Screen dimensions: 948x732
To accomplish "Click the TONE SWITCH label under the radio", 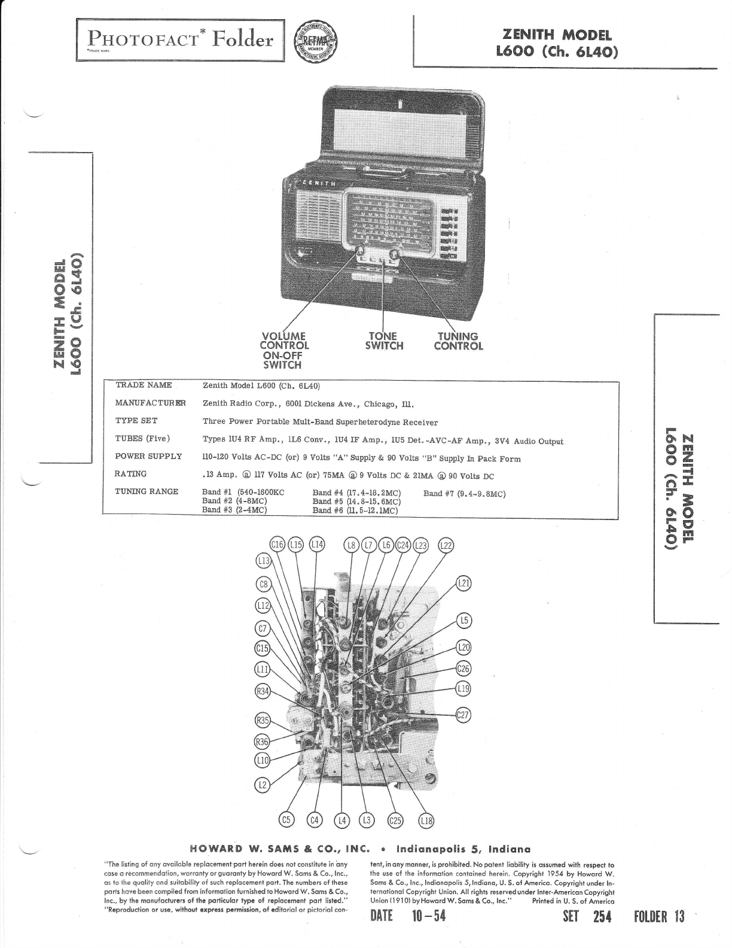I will (384, 341).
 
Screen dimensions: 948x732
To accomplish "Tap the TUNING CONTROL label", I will (458, 341).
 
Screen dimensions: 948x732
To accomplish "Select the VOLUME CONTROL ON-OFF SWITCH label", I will (284, 350).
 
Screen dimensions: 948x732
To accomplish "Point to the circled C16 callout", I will (277, 545).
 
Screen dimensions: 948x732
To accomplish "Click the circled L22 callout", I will (446, 545).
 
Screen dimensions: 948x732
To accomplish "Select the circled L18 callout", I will (426, 821).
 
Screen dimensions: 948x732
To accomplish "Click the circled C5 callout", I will (287, 820).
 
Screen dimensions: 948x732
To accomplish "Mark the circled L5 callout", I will (464, 621).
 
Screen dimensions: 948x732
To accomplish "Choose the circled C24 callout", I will (404, 545).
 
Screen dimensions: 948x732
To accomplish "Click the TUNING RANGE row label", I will (147, 491).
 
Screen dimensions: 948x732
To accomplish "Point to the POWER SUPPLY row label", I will (148, 456).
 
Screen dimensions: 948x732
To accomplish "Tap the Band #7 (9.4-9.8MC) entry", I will (464, 494).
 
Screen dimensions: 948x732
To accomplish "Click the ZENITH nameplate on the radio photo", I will (319, 183).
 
